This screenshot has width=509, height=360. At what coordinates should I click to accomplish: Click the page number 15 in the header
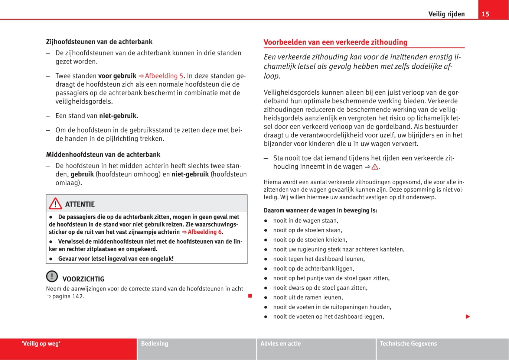(485, 14)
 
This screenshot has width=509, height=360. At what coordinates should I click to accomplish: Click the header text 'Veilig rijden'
(446, 14)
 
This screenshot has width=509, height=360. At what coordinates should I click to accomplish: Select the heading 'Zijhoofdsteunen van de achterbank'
(99, 42)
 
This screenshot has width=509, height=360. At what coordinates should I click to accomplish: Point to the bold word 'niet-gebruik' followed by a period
(118, 116)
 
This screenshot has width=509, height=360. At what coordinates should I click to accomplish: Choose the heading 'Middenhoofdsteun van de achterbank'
(103, 155)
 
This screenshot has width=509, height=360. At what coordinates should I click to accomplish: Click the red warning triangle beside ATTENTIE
(55, 204)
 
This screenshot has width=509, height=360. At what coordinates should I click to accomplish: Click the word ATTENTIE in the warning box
(80, 204)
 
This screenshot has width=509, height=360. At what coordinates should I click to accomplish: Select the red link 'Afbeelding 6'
(204, 232)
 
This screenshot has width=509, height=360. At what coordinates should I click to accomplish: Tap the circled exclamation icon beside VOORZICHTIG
(52, 276)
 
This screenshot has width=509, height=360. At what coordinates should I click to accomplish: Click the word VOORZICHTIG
(83, 279)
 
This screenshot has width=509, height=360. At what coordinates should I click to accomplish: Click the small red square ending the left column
(250, 296)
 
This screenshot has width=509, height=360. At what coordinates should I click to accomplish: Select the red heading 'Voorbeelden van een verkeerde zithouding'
(335, 42)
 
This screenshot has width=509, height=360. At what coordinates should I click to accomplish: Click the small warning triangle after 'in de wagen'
(375, 167)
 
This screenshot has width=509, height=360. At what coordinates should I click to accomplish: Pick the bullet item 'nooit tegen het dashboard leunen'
(319, 259)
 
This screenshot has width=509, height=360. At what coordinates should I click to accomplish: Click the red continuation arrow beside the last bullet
(468, 317)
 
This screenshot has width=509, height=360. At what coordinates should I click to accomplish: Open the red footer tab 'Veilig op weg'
(41, 344)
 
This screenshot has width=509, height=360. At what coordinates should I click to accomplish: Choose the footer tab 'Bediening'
(154, 344)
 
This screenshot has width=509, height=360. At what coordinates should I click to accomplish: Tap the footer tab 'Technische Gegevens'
(408, 344)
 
